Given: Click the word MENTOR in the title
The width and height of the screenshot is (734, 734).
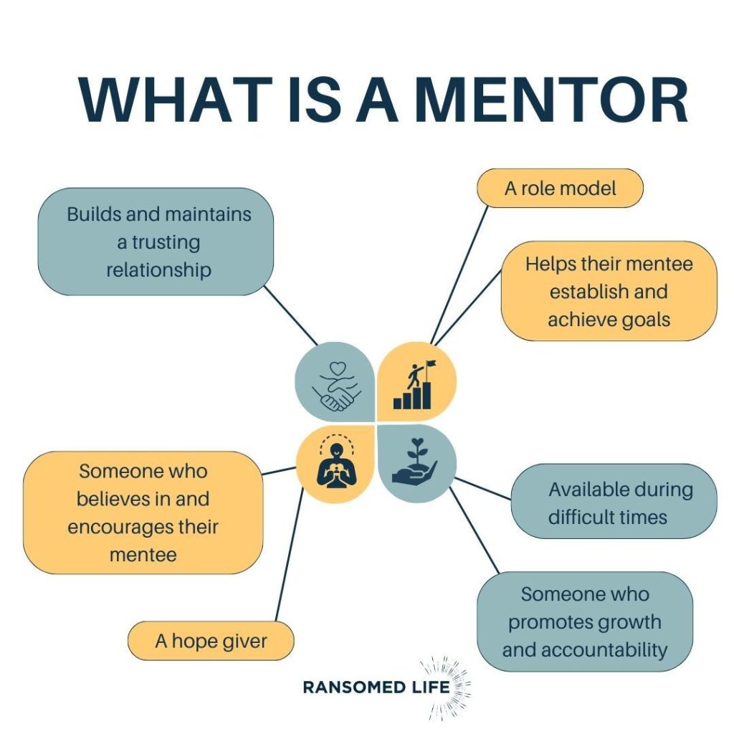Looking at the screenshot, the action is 551,100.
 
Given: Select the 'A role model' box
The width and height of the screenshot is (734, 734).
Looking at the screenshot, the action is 560,189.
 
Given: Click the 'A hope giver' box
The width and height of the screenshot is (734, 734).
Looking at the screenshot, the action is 211,641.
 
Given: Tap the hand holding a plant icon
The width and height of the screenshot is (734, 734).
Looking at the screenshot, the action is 415,461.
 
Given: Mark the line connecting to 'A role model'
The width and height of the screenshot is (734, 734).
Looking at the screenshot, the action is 459,275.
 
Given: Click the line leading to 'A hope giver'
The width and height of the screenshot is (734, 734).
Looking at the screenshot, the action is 290,555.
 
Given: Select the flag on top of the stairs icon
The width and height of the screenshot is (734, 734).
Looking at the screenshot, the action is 430,363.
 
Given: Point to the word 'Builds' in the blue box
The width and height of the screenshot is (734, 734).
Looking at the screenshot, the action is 94,214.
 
